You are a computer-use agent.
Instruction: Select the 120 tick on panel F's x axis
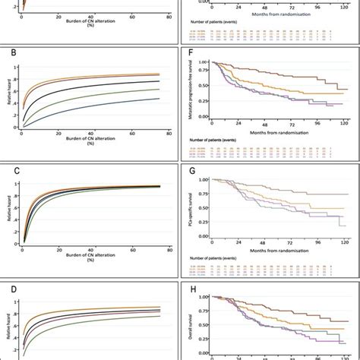[x=344, y=123]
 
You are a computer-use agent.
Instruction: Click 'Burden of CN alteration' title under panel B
[x=91, y=141]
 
